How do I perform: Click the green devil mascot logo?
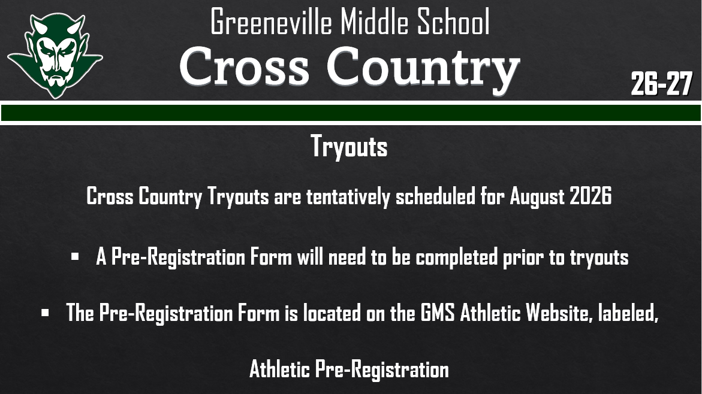(55, 55)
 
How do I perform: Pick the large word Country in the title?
(423, 67)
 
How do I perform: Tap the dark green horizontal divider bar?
(351, 113)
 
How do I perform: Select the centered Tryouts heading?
(349, 147)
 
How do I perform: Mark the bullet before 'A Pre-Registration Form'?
(75, 257)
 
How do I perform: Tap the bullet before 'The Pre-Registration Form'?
(45, 313)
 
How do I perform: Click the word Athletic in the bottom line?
(280, 369)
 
